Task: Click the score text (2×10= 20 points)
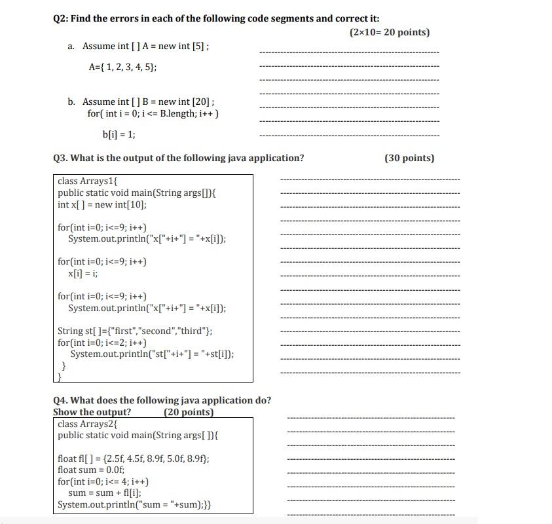pyautogui.click(x=390, y=32)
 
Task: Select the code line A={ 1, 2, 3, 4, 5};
pyautogui.click(x=122, y=67)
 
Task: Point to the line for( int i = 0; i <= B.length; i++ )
pyautogui.click(x=153, y=113)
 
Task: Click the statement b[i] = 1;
pyautogui.click(x=119, y=134)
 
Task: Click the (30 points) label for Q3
pyautogui.click(x=409, y=158)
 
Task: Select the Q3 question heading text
pyautogui.click(x=178, y=158)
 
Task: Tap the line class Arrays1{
pyautogui.click(x=88, y=181)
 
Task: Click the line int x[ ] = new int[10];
pyautogui.click(x=102, y=204)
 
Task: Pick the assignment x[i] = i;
pyautogui.click(x=83, y=273)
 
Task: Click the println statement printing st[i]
pyautogui.click(x=152, y=354)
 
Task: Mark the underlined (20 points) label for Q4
pyautogui.click(x=189, y=412)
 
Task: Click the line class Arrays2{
pyautogui.click(x=88, y=424)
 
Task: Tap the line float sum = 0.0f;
pyautogui.click(x=91, y=470)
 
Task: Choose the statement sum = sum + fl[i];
pyautogui.click(x=105, y=493)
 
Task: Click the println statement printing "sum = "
pyautogui.click(x=134, y=504)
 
